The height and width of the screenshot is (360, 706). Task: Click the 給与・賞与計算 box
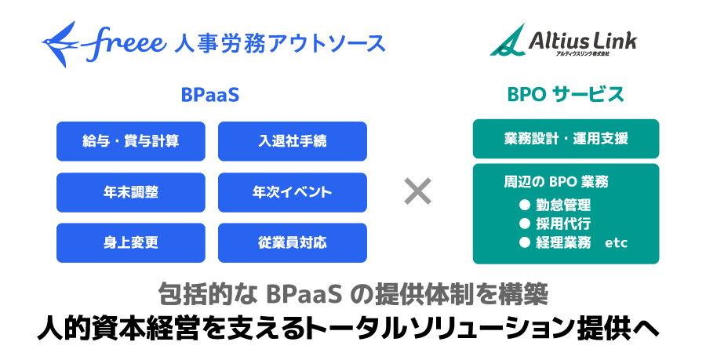point(131,141)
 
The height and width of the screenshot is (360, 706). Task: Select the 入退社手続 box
point(293,141)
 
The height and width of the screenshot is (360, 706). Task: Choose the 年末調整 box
point(131,192)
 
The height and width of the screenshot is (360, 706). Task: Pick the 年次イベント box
point(293,192)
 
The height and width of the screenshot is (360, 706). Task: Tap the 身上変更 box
point(131,242)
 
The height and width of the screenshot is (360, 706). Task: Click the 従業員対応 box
point(293,242)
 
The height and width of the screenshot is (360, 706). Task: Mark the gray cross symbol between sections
point(417,191)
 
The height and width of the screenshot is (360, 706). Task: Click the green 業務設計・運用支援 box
point(566,139)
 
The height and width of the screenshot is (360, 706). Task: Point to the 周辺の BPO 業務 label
point(556,182)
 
